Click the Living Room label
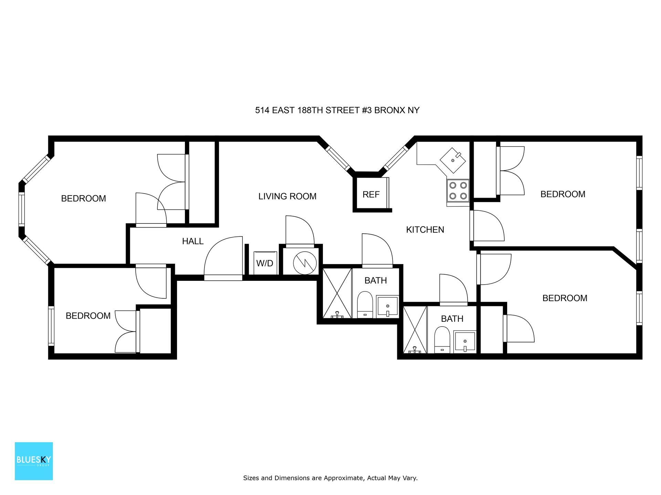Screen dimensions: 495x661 pyautogui.click(x=287, y=196)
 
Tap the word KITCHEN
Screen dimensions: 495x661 pyautogui.click(x=425, y=230)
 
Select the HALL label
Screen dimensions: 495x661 pyautogui.click(x=193, y=241)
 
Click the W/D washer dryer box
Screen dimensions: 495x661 pyautogui.click(x=265, y=263)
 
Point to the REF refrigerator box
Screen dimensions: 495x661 pyautogui.click(x=371, y=194)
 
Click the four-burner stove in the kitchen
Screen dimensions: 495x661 pyautogui.click(x=458, y=191)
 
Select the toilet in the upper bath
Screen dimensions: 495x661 pyautogui.click(x=365, y=305)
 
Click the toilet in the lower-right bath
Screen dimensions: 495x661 pyautogui.click(x=442, y=340)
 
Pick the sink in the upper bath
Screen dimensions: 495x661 pyautogui.click(x=387, y=306)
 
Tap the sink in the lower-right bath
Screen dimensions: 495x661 pyautogui.click(x=465, y=342)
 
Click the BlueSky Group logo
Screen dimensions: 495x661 pyautogui.click(x=34, y=461)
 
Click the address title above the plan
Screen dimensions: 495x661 pyautogui.click(x=337, y=110)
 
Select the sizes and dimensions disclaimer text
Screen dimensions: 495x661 pyautogui.click(x=330, y=478)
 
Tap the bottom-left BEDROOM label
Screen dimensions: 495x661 pyautogui.click(x=88, y=316)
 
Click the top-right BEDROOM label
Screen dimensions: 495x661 pyautogui.click(x=563, y=194)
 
